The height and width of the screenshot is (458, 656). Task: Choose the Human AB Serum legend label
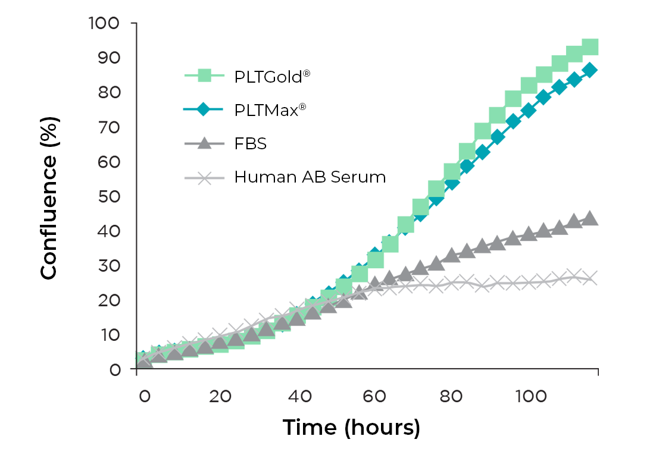point(310,177)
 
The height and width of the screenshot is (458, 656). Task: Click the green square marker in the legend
point(204,76)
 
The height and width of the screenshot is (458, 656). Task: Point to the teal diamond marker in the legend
point(204,109)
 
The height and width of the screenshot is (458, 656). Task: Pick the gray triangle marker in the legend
point(204,143)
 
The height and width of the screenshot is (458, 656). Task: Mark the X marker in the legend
point(204,177)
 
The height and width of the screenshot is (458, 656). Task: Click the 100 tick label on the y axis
point(104,23)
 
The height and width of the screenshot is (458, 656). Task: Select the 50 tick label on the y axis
point(108,196)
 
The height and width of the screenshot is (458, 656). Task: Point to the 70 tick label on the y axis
point(108,127)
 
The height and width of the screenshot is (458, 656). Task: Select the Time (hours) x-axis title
point(351,428)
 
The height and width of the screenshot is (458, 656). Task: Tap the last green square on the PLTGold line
point(590,47)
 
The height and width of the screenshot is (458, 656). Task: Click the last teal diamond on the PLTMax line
point(590,70)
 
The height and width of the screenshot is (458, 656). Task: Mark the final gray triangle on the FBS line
point(590,218)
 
